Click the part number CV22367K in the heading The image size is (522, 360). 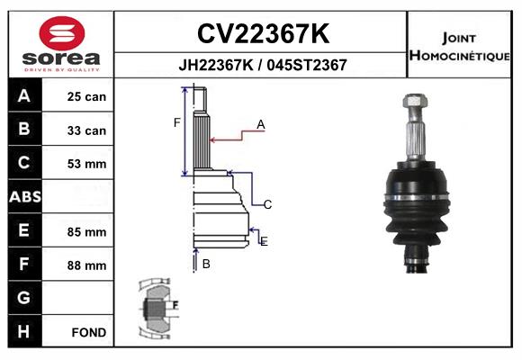[x=262, y=34]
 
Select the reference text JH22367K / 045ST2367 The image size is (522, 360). [x=262, y=65]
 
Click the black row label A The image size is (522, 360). [x=23, y=96]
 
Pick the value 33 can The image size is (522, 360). [x=86, y=130]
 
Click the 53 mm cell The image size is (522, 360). [x=86, y=164]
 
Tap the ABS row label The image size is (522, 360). [x=23, y=197]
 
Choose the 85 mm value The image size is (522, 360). [x=86, y=231]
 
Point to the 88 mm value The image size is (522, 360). [x=86, y=265]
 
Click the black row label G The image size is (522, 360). [x=23, y=298]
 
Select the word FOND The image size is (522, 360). [x=89, y=332]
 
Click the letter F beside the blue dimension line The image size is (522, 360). [x=177, y=122]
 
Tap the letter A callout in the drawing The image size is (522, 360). [x=260, y=124]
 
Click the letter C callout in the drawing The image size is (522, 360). [x=267, y=204]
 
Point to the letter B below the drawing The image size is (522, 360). [x=206, y=264]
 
